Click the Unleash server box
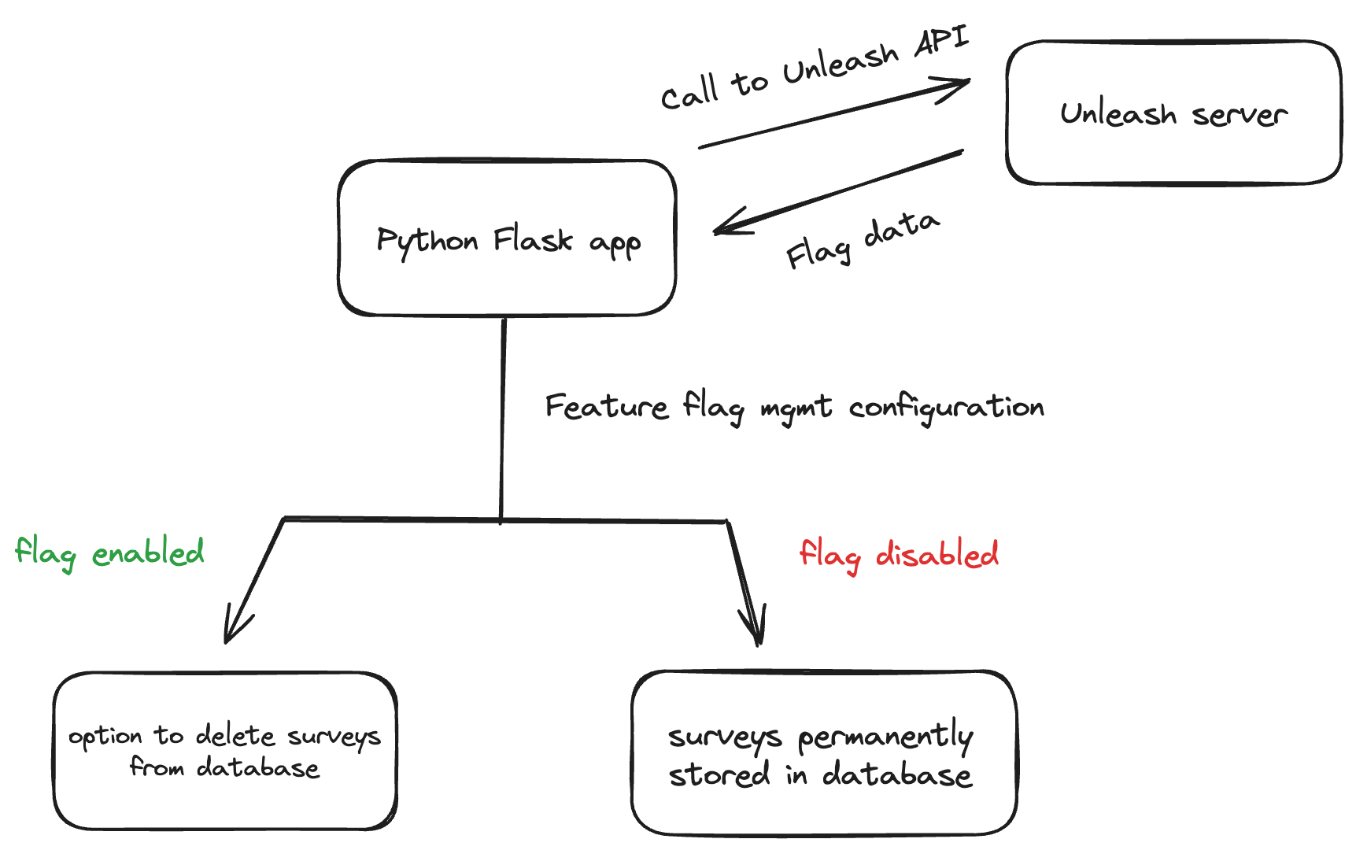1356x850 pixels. pyautogui.click(x=1173, y=113)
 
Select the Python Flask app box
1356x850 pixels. pyautogui.click(x=507, y=238)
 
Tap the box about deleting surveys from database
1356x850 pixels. pyautogui.click(x=225, y=750)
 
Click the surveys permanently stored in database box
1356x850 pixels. pyautogui.click(x=823, y=753)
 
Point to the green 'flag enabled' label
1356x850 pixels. pyautogui.click(x=109, y=552)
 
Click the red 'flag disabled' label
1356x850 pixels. pyautogui.click(x=899, y=554)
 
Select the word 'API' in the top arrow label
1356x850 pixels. pyautogui.click(x=941, y=42)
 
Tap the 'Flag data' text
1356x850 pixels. pyautogui.click(x=863, y=240)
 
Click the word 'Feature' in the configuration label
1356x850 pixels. pyautogui.click(x=606, y=407)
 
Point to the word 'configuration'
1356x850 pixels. pyautogui.click(x=946, y=408)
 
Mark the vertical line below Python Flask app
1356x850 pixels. pyautogui.click(x=502, y=417)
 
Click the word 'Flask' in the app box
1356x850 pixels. pyautogui.click(x=533, y=239)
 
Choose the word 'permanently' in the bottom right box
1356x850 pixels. pyautogui.click(x=885, y=737)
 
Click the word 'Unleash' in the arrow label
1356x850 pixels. pyautogui.click(x=841, y=63)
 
